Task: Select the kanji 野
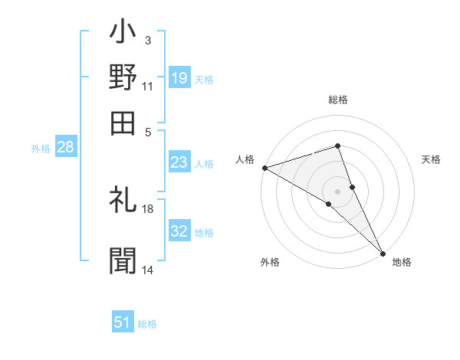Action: point(123,77)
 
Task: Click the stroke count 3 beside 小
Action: point(147,40)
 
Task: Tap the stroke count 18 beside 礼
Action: point(148,208)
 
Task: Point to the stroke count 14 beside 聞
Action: point(148,270)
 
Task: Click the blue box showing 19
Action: point(179,78)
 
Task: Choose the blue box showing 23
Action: point(179,162)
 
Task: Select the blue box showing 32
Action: point(179,231)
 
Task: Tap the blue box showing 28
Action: point(65,148)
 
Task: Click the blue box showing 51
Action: point(123,322)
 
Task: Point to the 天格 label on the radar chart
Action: point(432,159)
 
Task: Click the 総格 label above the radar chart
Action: point(338,100)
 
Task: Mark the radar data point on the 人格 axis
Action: point(264,167)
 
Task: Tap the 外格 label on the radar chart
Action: point(270,262)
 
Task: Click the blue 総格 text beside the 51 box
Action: point(147,324)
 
